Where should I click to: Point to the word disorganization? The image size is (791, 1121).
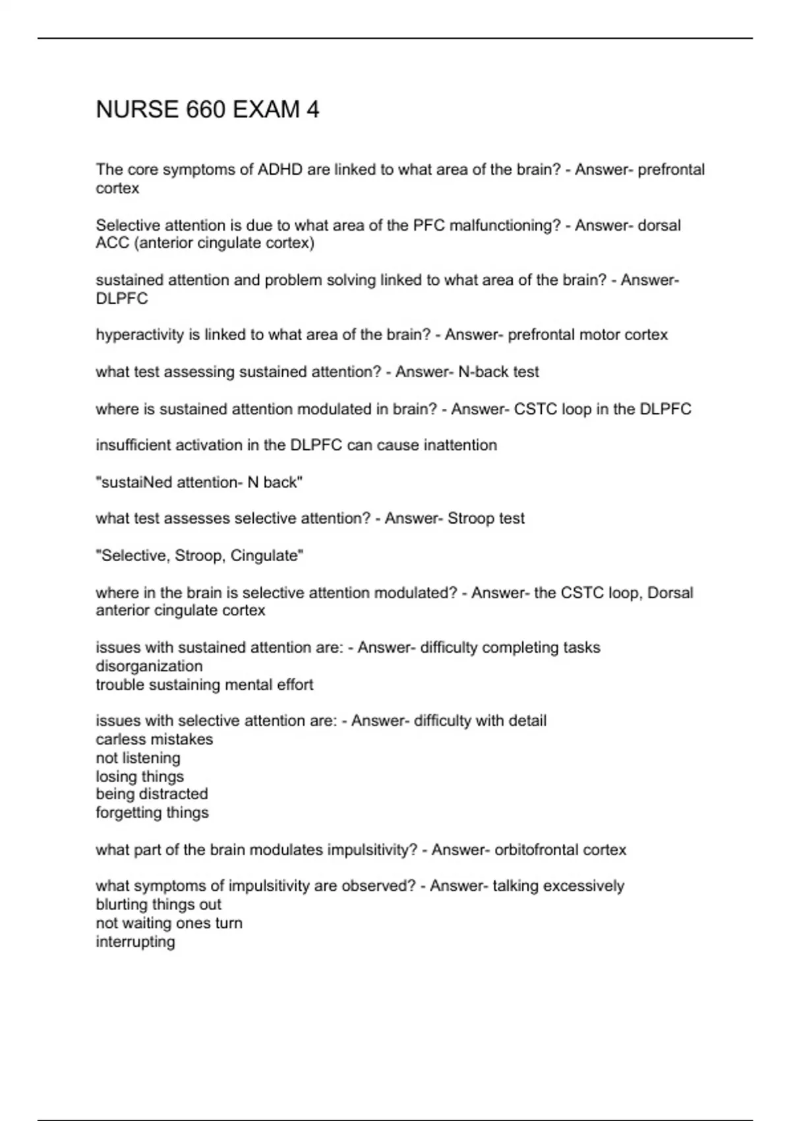click(149, 666)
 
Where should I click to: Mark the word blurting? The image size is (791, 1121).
click(121, 905)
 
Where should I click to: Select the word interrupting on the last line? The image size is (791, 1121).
click(135, 942)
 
